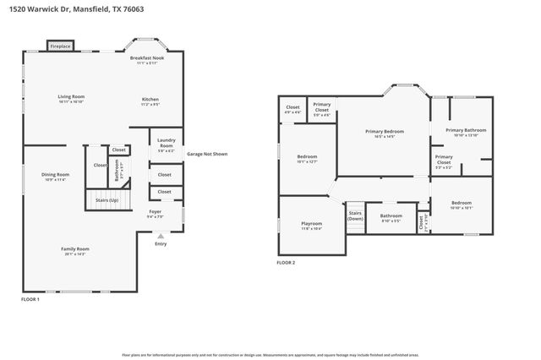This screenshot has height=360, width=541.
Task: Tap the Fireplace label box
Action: coord(60,46)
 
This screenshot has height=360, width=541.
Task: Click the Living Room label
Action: coord(70,99)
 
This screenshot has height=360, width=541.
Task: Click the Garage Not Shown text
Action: coord(206,154)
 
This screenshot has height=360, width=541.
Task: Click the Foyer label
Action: coord(155,214)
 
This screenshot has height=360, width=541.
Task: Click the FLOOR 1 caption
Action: coord(30,299)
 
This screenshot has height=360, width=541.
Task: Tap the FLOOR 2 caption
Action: coord(287,263)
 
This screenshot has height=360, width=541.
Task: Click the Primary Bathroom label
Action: coord(462,133)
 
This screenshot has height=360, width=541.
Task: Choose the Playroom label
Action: coord(311,226)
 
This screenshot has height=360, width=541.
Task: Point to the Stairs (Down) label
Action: coord(355,216)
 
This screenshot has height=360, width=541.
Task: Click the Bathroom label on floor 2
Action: coord(391,217)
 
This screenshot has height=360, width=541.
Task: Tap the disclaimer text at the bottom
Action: coord(270,355)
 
